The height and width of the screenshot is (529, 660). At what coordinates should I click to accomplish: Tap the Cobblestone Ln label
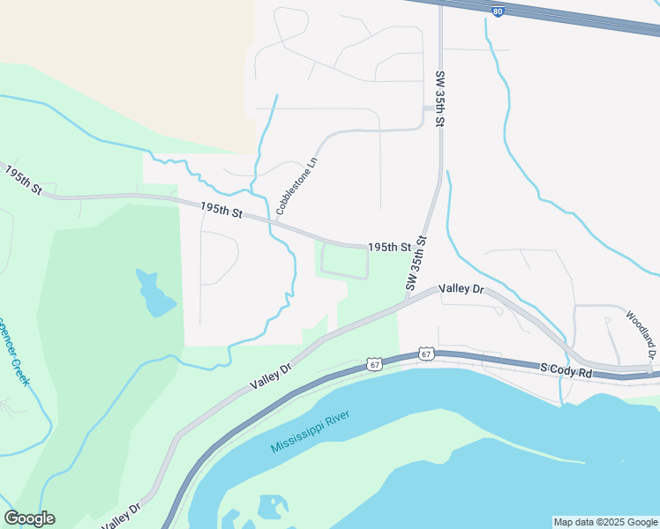point(296,186)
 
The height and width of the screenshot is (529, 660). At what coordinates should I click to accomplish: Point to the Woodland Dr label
point(642,333)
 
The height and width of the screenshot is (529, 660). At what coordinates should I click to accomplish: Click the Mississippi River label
point(310,431)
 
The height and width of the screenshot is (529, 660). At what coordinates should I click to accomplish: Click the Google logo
point(29,518)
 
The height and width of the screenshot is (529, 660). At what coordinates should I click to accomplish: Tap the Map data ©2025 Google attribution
point(604,522)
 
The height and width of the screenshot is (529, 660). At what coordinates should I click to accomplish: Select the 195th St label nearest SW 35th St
point(390,248)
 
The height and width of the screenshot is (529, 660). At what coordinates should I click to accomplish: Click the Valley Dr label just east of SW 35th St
point(461,289)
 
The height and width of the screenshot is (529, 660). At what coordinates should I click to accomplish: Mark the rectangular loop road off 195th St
point(344,262)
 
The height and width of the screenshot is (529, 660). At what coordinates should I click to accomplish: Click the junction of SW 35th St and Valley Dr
point(408,300)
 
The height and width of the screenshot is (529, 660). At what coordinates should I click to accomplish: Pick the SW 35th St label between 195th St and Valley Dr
point(416,263)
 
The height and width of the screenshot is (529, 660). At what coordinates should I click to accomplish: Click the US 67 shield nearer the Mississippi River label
point(375,363)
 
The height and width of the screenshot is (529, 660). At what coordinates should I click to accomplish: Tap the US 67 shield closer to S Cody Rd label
point(426,354)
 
